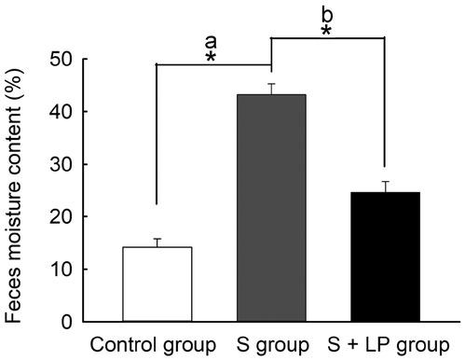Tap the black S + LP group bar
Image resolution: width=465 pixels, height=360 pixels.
(x=385, y=256)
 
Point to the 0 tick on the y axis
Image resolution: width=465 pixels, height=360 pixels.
(x=70, y=323)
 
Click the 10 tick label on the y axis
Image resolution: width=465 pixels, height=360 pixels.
(x=62, y=270)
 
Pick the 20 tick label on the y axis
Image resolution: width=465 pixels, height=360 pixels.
(x=62, y=217)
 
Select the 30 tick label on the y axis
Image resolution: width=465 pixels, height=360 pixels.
(x=62, y=164)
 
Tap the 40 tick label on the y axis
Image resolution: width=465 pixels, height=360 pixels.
(x=62, y=112)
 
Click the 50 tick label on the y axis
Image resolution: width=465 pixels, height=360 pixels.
(x=62, y=59)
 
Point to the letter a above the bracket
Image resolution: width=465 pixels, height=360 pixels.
(x=212, y=42)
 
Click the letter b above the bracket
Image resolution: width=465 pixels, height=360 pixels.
(x=325, y=14)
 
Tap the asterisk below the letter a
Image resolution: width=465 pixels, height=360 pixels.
(x=212, y=58)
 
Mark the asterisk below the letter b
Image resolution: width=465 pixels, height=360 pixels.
(x=326, y=31)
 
